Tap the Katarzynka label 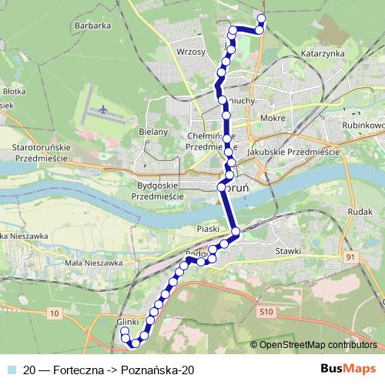coord(323,55)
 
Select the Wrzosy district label coord(190,52)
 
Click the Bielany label coord(153,132)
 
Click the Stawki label coord(289,251)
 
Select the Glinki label coord(126,322)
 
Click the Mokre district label coord(273,119)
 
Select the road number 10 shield coord(53,313)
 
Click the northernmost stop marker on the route coord(261,18)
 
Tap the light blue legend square coord(12,370)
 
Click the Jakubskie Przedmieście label coord(293,153)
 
